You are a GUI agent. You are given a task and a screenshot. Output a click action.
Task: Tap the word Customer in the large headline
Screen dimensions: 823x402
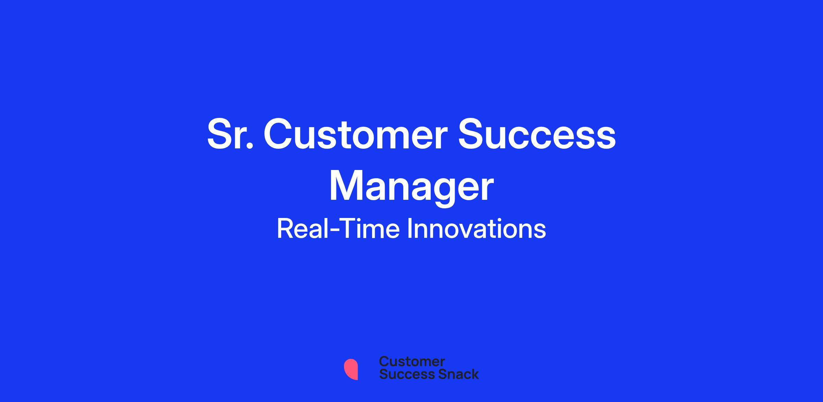(x=356, y=134)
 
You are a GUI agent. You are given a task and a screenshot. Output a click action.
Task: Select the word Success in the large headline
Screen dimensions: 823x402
(x=537, y=134)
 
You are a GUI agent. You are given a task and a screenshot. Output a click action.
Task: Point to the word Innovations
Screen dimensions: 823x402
(x=476, y=229)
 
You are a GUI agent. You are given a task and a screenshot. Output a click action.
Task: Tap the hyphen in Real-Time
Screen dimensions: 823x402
(x=334, y=231)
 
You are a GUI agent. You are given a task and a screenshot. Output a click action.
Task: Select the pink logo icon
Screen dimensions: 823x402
(x=351, y=369)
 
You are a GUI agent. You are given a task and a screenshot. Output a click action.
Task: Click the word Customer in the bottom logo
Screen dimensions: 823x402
(x=412, y=362)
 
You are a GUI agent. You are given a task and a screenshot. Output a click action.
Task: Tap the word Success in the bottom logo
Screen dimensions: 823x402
(x=402, y=374)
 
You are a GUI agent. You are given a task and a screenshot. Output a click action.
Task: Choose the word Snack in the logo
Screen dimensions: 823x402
(x=454, y=374)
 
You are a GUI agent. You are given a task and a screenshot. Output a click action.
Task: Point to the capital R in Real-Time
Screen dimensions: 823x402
(x=285, y=229)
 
